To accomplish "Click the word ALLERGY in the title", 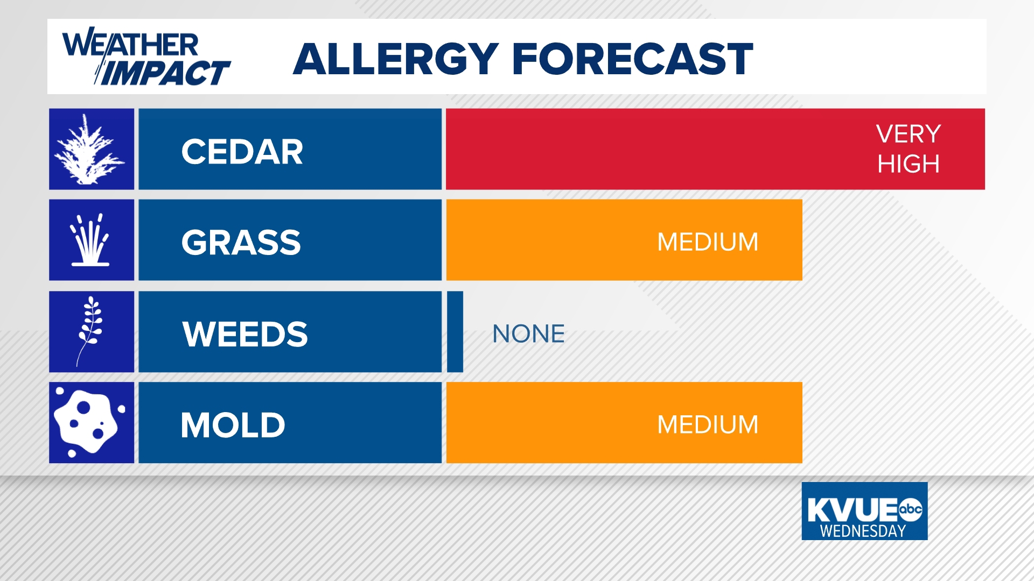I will click(396, 59).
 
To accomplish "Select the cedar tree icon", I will click(91, 149).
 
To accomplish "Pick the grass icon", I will click(91, 240).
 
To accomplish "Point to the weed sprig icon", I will click(90, 331).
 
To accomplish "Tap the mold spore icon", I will click(90, 423).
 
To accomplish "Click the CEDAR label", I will click(242, 152).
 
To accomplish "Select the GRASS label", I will click(241, 243).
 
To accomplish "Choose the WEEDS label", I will click(245, 334).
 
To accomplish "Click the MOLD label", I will click(233, 426).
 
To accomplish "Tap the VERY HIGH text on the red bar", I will click(908, 149).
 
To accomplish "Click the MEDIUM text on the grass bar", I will click(708, 242).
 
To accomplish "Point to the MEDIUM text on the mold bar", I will click(708, 425).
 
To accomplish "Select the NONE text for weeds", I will click(528, 334).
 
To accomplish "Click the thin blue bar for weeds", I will click(455, 332).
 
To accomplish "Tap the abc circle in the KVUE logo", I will click(911, 509).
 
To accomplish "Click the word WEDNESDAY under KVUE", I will click(863, 531).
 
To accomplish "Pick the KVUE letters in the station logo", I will click(852, 509).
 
